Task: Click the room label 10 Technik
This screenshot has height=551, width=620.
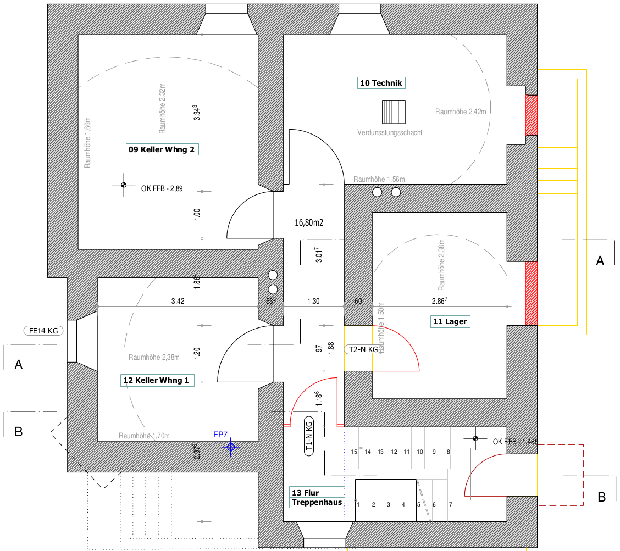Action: coord(381,83)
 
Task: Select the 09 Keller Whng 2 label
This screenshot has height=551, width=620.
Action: coord(162,149)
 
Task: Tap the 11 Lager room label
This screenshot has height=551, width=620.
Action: coord(450,321)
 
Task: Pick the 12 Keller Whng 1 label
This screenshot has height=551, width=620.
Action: coord(157,380)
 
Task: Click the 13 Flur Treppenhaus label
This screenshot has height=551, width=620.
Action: coord(317,497)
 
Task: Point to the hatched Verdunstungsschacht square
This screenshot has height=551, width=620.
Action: coord(394,112)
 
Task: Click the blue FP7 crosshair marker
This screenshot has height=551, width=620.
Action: coord(231,447)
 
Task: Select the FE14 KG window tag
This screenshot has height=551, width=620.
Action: coord(43,331)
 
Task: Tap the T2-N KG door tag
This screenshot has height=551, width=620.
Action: coord(363,349)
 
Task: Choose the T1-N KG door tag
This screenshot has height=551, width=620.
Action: coord(309,436)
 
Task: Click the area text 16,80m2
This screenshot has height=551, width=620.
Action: coord(309,222)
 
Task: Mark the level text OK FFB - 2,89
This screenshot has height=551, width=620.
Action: coord(162,188)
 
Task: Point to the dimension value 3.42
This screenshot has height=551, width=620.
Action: coord(178,301)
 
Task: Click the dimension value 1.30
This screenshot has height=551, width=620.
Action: coord(313,301)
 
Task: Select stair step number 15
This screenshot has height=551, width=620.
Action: coord(354,452)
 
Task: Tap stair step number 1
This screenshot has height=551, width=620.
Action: coord(358,504)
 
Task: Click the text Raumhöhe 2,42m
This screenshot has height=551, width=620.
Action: coord(461,112)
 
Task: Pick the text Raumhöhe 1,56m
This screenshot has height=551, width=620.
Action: coord(379,180)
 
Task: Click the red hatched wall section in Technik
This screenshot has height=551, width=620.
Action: coord(531,115)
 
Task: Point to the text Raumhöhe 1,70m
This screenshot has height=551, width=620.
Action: coord(145,436)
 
